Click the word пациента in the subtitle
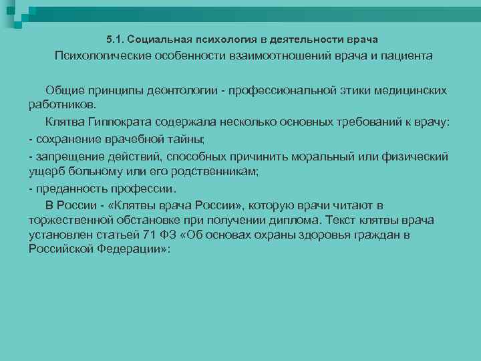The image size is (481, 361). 402,56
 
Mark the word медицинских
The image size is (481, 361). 408,90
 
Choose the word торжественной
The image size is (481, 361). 73,221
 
